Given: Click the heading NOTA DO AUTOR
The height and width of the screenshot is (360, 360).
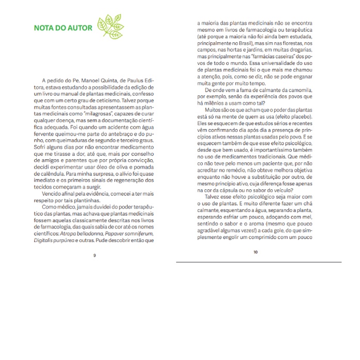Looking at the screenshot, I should click(63, 27).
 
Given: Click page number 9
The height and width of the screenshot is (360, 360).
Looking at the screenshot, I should click(94, 256).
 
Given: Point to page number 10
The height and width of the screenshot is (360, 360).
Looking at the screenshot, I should click(256, 252).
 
